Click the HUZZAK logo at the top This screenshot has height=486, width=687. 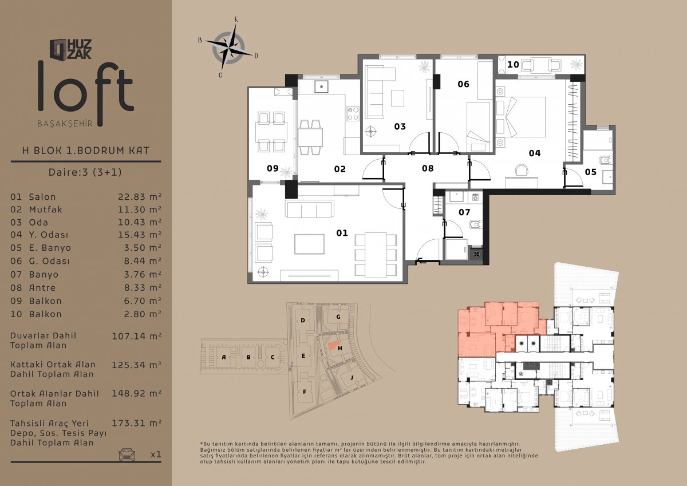70,49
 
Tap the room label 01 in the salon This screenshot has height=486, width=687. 342,233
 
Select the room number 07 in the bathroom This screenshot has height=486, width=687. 464,212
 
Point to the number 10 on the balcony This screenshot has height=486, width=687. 513,65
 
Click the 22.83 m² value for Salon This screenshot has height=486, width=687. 140,196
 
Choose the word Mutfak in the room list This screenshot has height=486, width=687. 46,210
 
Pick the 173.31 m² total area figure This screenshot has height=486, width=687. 137,423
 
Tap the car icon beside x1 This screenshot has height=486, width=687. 127,454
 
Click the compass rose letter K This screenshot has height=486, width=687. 236,19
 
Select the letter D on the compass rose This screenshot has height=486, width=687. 256,56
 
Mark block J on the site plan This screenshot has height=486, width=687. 352,377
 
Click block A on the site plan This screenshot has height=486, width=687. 224,357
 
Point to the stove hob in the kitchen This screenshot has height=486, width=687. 353,113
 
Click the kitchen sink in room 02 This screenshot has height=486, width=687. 321,86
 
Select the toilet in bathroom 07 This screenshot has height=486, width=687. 476,225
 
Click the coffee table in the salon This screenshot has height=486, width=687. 310,244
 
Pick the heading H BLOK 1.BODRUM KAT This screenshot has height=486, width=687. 85,150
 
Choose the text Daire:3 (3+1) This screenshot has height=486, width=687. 85,172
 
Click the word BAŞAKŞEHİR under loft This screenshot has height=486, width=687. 65,124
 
